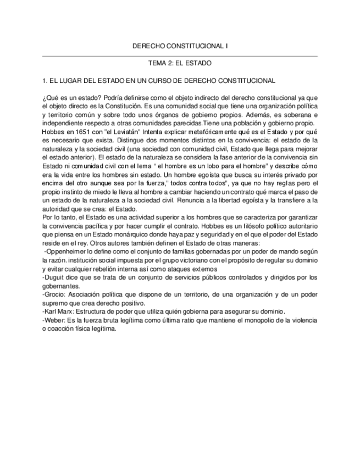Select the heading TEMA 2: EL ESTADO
[180, 64]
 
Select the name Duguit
[54, 277]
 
